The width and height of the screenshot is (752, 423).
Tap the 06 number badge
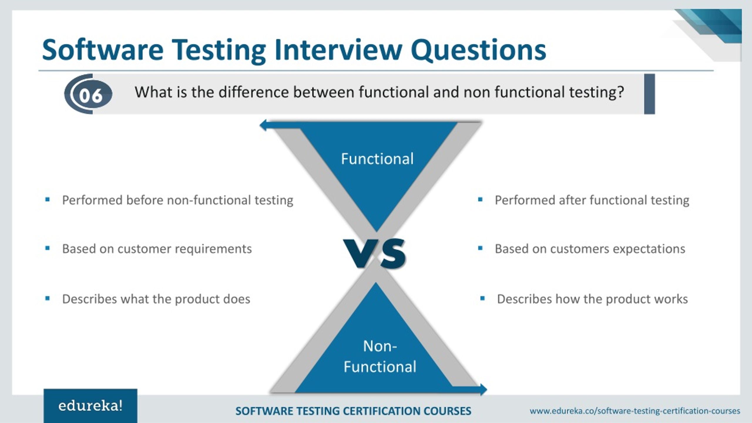click(91, 95)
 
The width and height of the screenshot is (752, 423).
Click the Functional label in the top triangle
click(377, 159)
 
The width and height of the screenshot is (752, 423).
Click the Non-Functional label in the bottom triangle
click(380, 357)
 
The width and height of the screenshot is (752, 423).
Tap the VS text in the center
click(375, 253)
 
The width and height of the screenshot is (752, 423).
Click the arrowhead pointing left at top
click(263, 125)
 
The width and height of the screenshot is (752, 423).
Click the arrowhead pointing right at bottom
click(483, 390)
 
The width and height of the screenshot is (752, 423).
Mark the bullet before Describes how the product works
click(482, 299)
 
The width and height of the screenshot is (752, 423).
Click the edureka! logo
click(90, 406)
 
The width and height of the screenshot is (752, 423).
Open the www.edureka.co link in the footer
click(634, 411)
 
